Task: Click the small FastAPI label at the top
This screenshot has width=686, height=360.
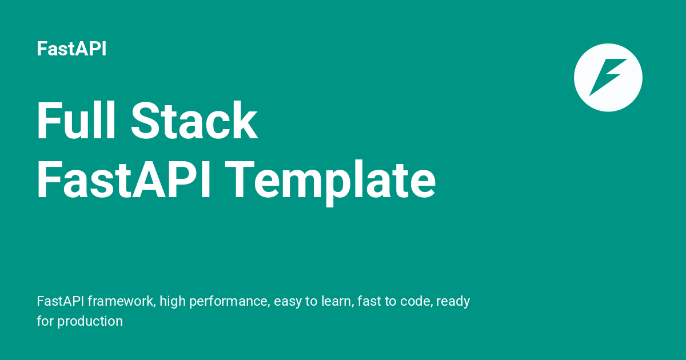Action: coord(71,49)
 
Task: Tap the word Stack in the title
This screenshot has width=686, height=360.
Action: coord(194,122)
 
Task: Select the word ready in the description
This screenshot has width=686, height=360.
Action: coord(453,301)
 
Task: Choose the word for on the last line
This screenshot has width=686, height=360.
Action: coord(45,321)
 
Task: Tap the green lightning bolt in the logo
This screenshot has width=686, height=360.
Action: coord(608,77)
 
